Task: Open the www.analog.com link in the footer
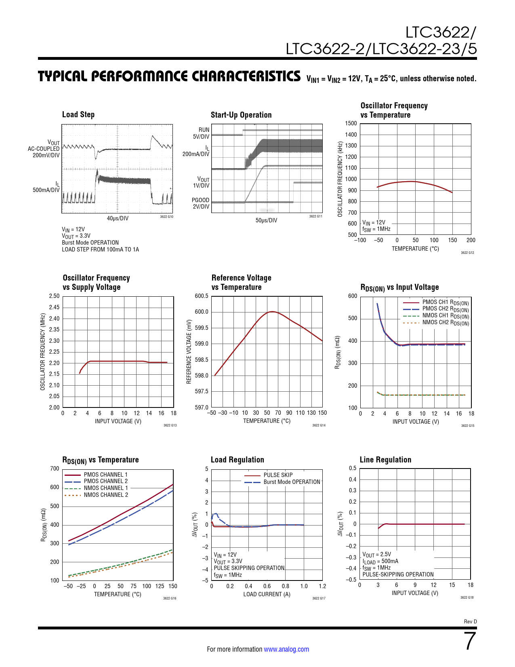pyautogui.click(x=286, y=649)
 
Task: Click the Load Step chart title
pyautogui.click(x=78, y=114)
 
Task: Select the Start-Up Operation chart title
pyautogui.click(x=241, y=115)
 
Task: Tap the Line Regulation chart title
pyautogui.click(x=385, y=460)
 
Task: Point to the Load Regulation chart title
pyautogui.click(x=238, y=460)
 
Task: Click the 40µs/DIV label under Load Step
pyautogui.click(x=118, y=218)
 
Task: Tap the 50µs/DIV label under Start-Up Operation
pyautogui.click(x=267, y=220)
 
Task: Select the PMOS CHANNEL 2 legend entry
pyautogui.click(x=105, y=481)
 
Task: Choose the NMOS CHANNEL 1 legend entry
pyautogui.click(x=105, y=488)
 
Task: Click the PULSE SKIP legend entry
pyautogui.click(x=278, y=475)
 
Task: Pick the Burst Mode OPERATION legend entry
pyautogui.click(x=292, y=482)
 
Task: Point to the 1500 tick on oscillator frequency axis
pyautogui.click(x=351, y=123)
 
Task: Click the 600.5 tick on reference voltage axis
pyautogui.click(x=202, y=296)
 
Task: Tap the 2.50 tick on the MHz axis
pyautogui.click(x=54, y=296)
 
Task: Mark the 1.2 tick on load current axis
pyautogui.click(x=322, y=586)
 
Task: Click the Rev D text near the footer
pyautogui.click(x=470, y=622)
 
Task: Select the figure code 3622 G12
pyautogui.click(x=467, y=253)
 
